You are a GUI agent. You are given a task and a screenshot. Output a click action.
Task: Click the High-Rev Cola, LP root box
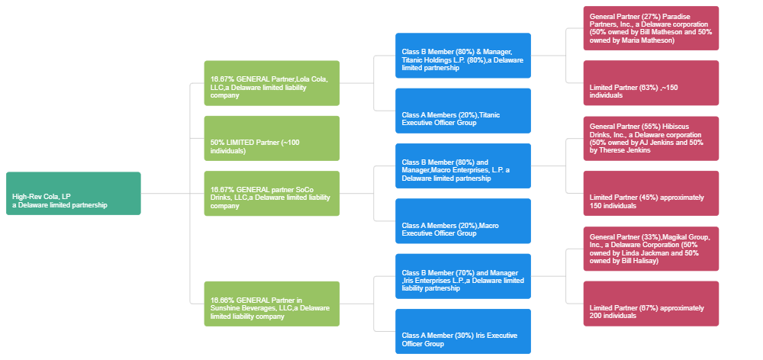pyautogui.click(x=73, y=194)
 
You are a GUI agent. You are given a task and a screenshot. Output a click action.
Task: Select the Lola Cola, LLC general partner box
pyautogui.click(x=272, y=82)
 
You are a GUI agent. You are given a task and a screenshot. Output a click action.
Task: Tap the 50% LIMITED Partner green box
pyautogui.click(x=272, y=138)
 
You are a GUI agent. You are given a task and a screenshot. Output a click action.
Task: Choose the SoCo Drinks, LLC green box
pyautogui.click(x=272, y=194)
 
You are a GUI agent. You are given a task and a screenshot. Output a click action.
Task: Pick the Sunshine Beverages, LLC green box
pyautogui.click(x=272, y=304)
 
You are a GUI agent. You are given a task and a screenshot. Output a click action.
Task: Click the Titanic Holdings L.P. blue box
pyautogui.click(x=463, y=56)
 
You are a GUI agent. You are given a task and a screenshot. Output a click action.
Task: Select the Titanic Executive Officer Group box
pyautogui.click(x=463, y=111)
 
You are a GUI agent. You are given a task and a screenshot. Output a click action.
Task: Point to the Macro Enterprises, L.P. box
pyautogui.click(x=463, y=166)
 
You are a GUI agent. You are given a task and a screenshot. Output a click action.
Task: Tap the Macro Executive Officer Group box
pyautogui.click(x=463, y=221)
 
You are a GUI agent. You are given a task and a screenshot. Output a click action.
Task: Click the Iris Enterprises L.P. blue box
pyautogui.click(x=463, y=276)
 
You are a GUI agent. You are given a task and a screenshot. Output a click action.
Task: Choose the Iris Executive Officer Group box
pyautogui.click(x=463, y=331)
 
